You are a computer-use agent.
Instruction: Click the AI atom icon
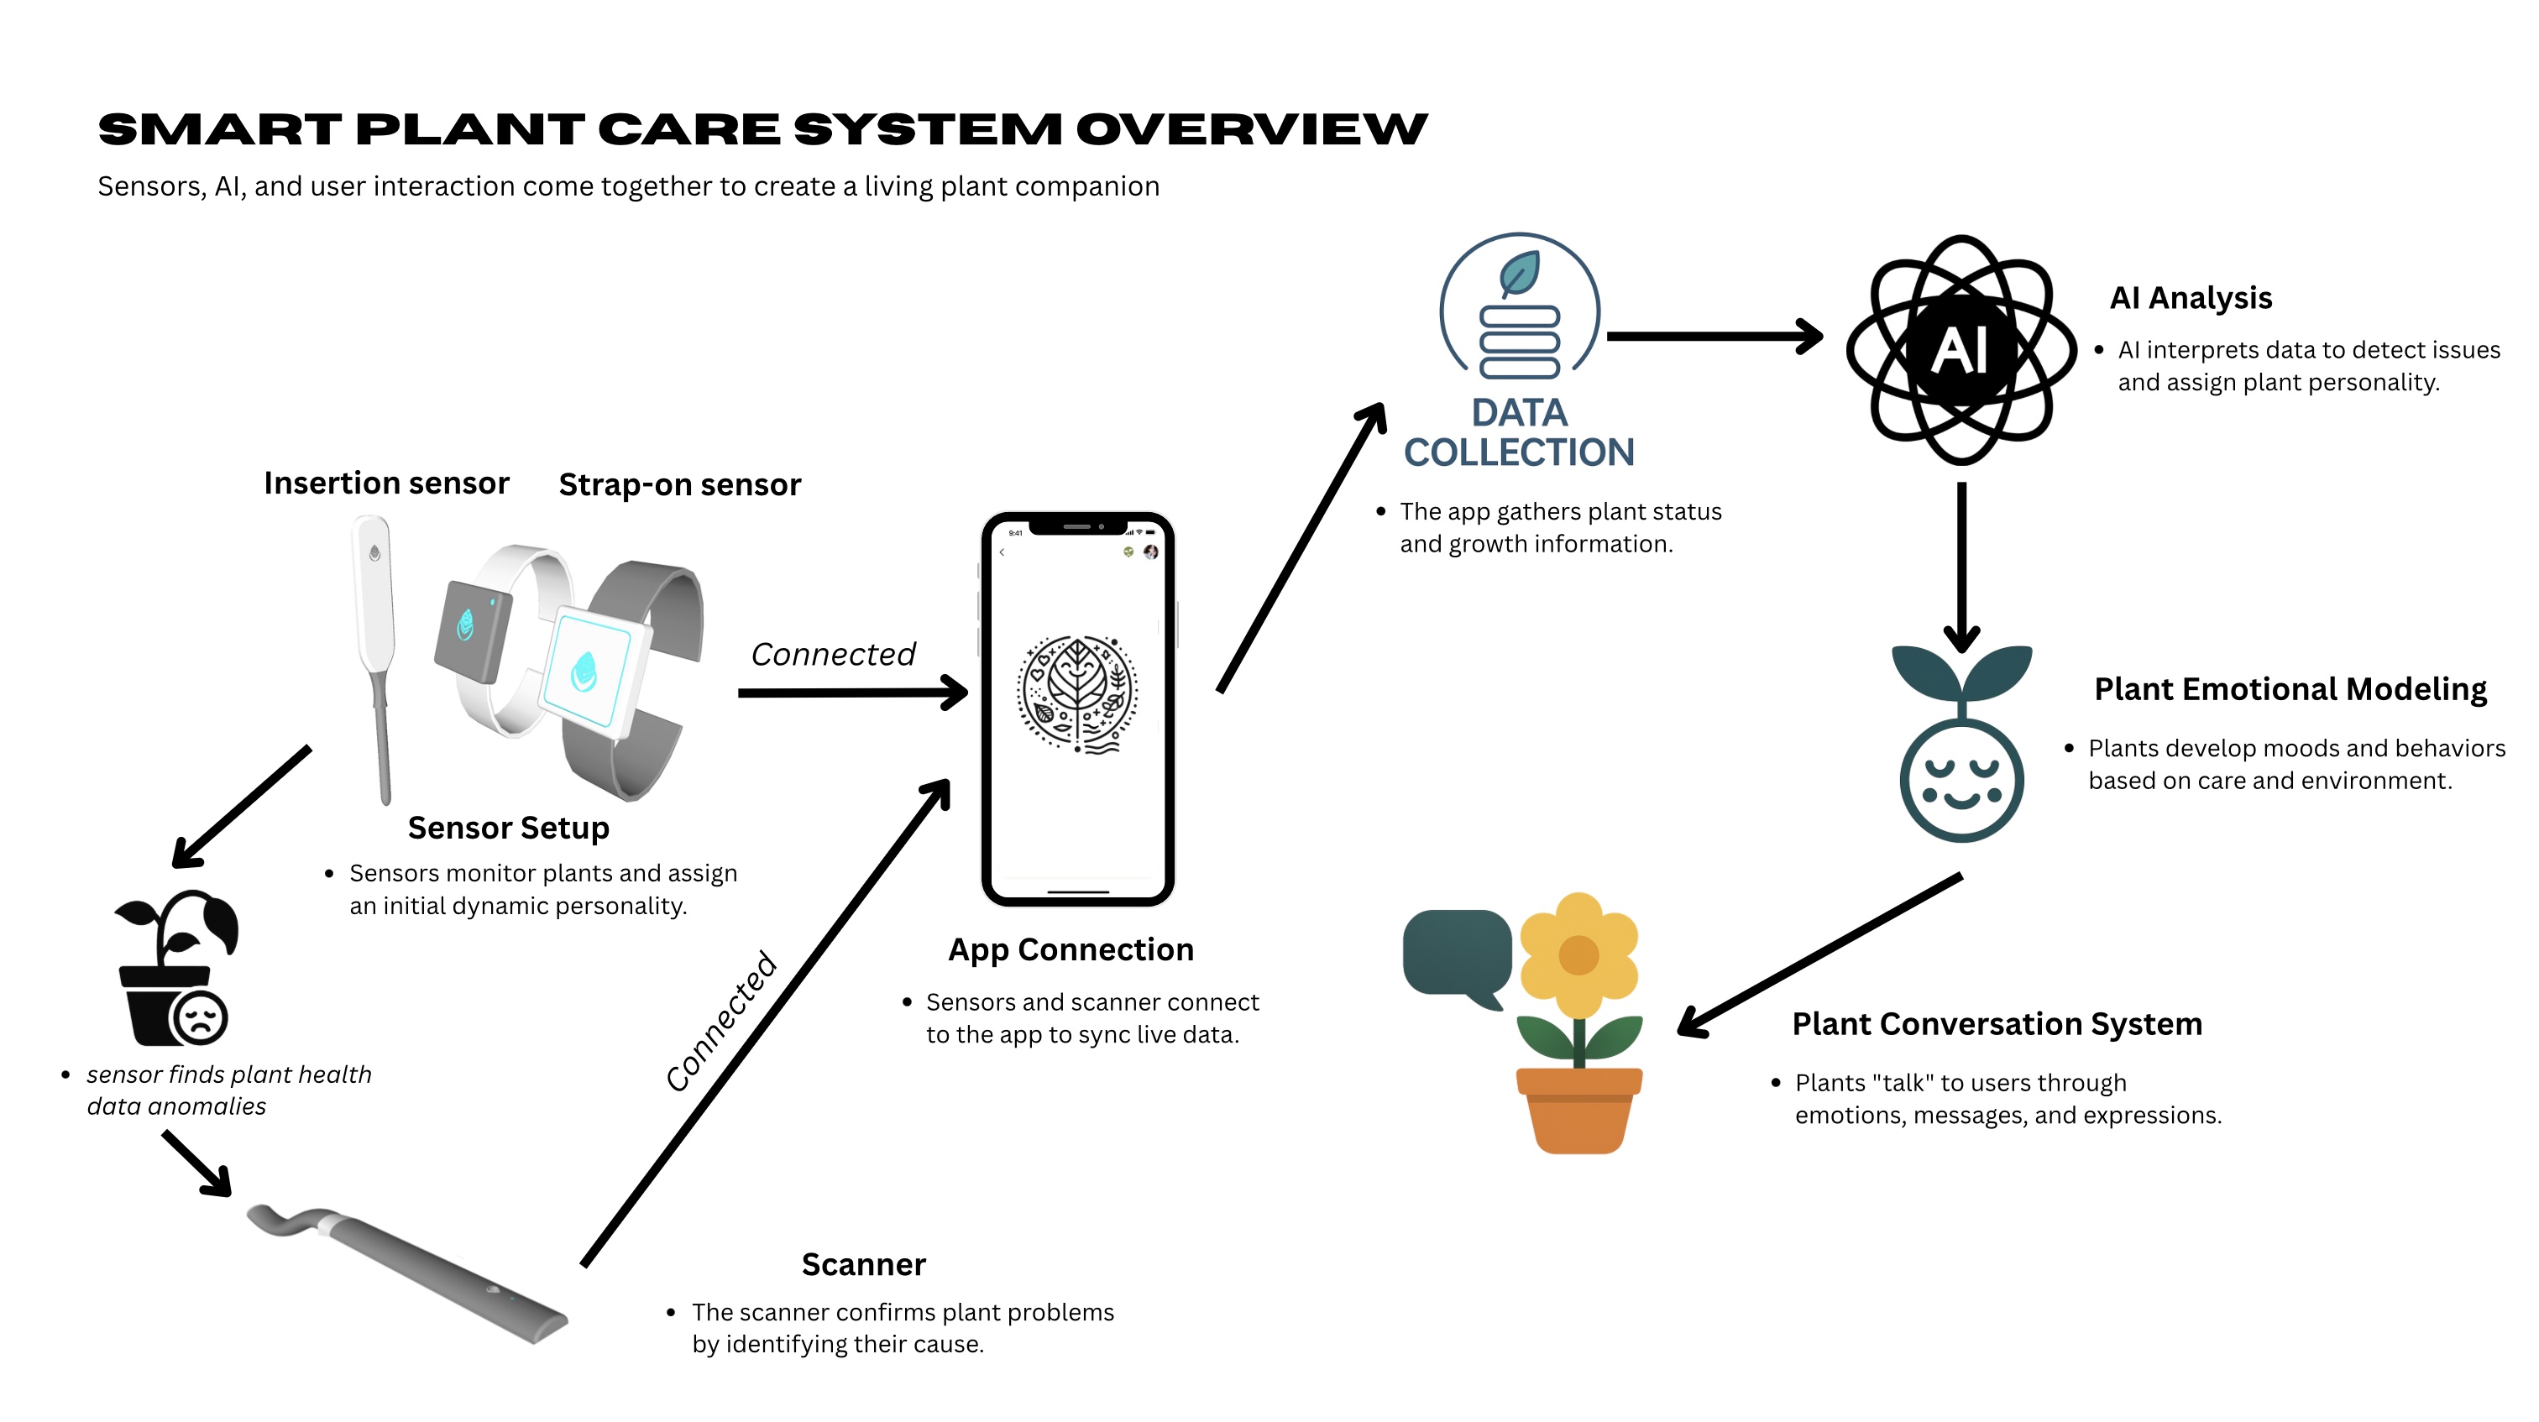tap(1961, 350)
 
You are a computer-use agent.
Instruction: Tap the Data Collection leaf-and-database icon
tap(1519, 311)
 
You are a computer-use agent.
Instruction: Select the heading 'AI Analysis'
tap(2190, 298)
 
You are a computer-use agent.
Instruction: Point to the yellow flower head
tap(1579, 954)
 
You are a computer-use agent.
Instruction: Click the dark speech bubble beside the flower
tap(1457, 954)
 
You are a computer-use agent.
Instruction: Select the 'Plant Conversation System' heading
tap(1996, 1024)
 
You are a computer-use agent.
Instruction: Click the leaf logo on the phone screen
tap(1077, 693)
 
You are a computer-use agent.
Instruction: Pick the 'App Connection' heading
tap(1071, 949)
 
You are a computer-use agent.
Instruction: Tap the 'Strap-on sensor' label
tap(679, 485)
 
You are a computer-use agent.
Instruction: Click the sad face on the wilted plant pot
tap(201, 1017)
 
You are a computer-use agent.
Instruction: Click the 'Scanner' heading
tap(863, 1264)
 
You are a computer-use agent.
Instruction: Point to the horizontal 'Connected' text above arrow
tap(833, 654)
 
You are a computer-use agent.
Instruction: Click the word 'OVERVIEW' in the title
tap(1251, 130)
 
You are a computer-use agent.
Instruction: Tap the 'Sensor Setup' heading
tap(509, 828)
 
